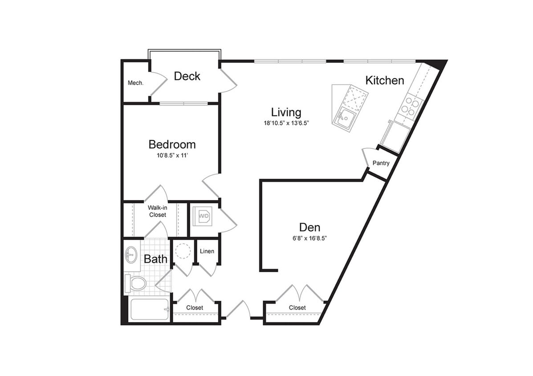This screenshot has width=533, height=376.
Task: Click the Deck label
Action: point(187,76)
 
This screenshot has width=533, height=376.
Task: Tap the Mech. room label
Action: point(135,83)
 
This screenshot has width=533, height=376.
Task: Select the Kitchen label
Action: point(385,80)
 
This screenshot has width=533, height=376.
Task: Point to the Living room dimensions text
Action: point(286,123)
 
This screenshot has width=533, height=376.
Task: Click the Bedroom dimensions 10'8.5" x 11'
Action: point(172,155)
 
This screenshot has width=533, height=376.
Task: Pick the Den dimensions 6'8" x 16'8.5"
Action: point(309,238)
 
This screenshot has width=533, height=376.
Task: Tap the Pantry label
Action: point(381,163)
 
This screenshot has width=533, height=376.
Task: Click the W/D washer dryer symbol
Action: point(203,217)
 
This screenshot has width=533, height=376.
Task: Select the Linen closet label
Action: point(207,251)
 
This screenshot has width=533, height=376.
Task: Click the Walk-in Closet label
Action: point(157,211)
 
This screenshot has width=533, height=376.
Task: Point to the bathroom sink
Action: point(131,255)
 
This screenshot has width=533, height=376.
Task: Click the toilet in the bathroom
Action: point(137,283)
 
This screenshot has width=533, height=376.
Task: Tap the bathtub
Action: point(150,309)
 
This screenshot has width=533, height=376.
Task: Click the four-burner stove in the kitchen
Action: point(410,106)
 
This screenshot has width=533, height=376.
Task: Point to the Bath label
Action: point(155,259)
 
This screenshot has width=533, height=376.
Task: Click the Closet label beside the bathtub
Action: point(195,308)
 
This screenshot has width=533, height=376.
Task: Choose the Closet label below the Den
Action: point(297,308)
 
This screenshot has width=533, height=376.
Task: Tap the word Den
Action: point(309,227)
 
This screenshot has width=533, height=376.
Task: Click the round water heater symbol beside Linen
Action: point(183,251)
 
